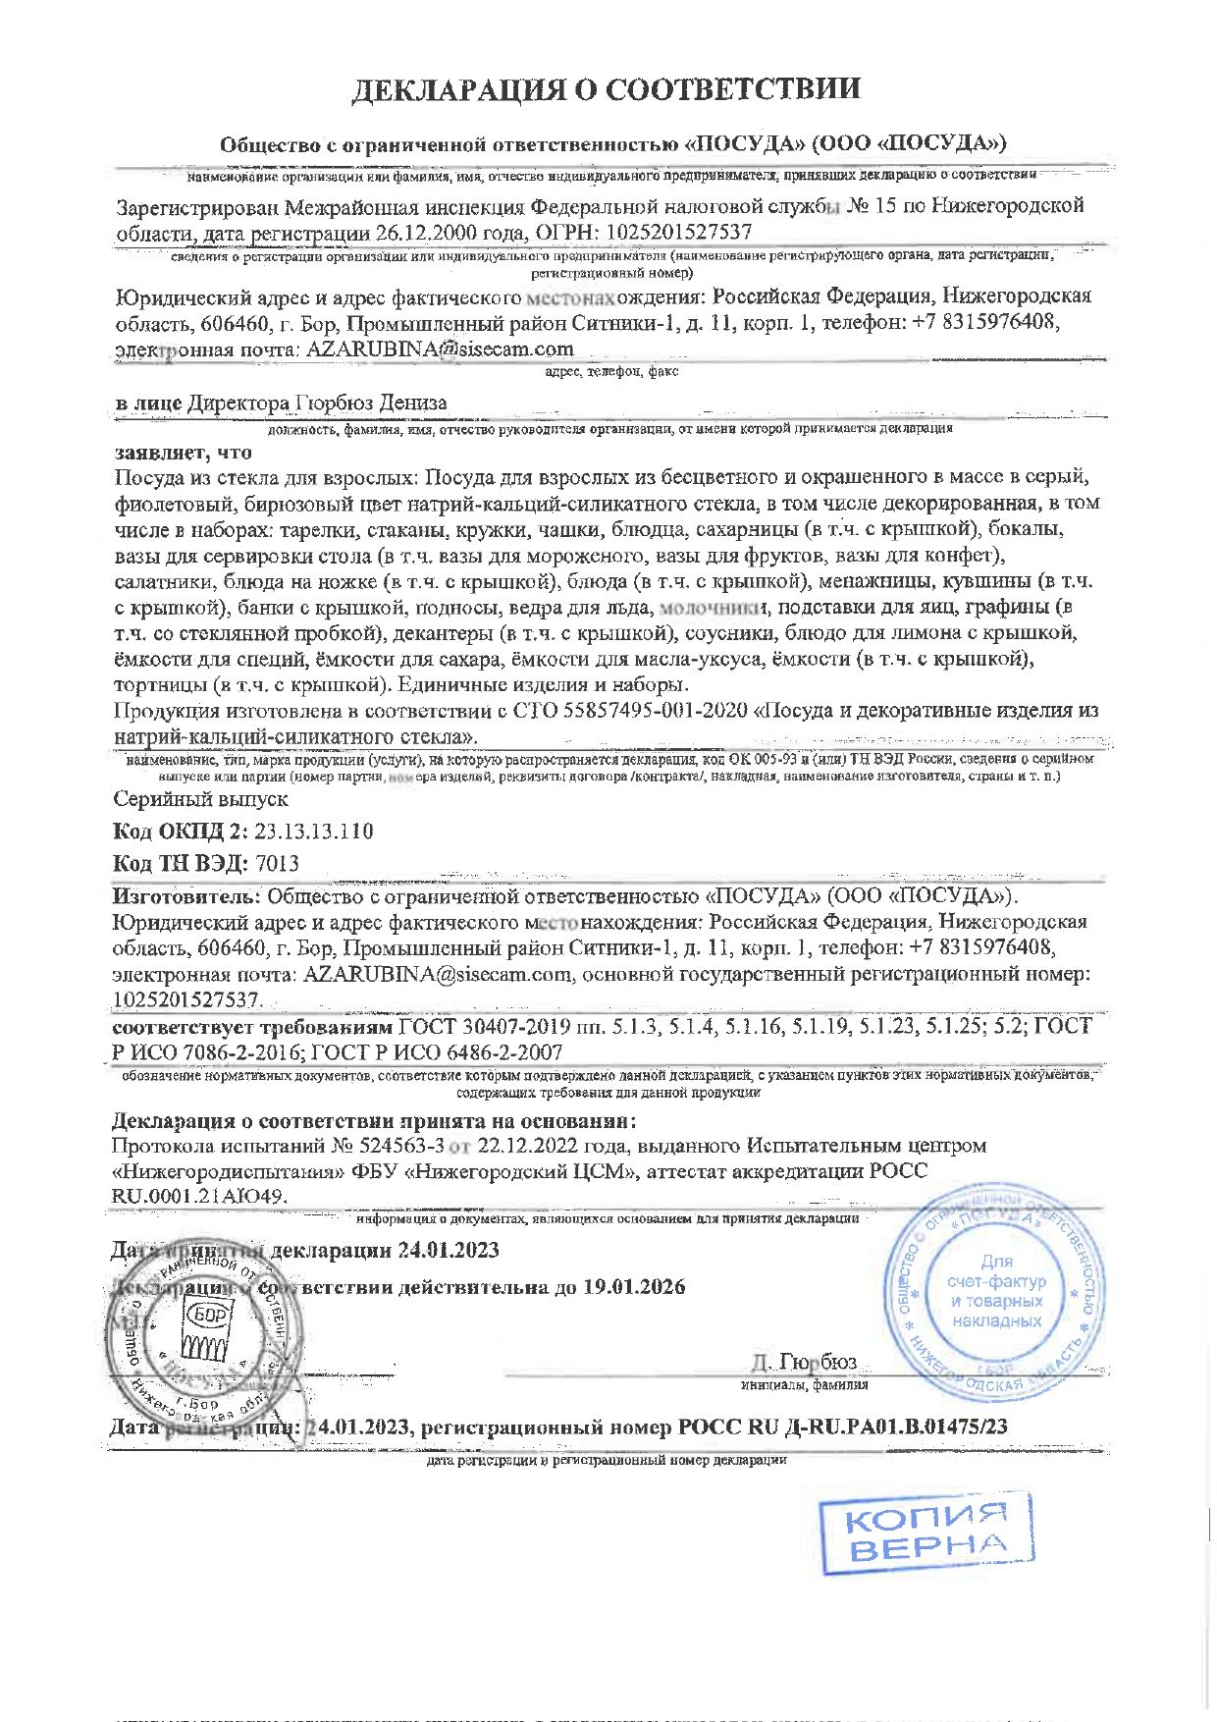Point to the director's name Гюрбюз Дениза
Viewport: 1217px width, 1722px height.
pos(371,403)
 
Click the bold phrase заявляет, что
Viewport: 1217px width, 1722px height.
pos(184,453)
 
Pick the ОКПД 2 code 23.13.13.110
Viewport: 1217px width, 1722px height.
pos(313,832)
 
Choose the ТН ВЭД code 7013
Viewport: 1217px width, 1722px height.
pos(277,864)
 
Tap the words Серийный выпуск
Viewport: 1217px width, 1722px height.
pos(200,799)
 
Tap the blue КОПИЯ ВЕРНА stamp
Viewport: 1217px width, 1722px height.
pos(926,1533)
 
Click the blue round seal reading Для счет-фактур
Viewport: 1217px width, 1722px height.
pos(996,1292)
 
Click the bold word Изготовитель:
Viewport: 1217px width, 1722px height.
pos(186,896)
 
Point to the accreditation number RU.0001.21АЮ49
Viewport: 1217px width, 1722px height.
pos(199,1197)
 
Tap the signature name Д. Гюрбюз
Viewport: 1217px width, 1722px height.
pos(804,1363)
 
